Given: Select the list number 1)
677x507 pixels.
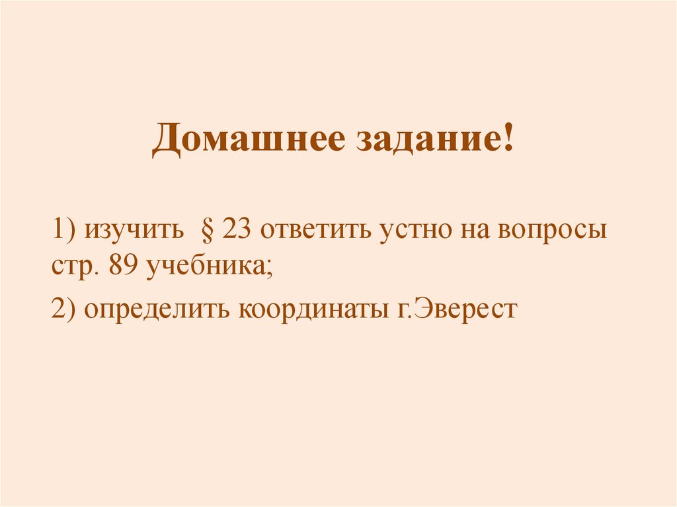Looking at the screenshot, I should click(65, 232).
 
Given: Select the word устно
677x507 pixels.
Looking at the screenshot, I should click(420, 233).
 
